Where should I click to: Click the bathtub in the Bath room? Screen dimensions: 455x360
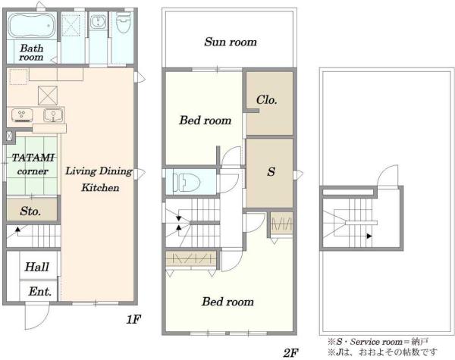[x=31, y=25]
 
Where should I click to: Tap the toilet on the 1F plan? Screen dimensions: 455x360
[x=124, y=22]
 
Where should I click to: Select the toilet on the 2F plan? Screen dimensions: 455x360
[x=186, y=183]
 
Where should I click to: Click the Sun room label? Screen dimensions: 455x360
[x=231, y=42]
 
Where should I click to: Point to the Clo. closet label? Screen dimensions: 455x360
[x=267, y=100]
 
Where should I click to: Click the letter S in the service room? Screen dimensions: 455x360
[x=271, y=172]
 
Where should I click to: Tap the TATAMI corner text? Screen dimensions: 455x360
[x=33, y=164]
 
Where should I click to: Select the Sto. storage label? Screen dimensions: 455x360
[x=30, y=211]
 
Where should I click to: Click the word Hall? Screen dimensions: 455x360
[x=36, y=267]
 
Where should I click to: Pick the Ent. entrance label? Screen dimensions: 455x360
[x=40, y=291]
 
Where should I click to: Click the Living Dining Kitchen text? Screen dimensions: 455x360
[x=99, y=179]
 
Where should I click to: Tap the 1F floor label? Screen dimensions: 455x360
[x=133, y=319]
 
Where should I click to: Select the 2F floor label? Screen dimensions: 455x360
[x=290, y=353]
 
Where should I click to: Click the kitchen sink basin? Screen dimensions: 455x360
[x=53, y=115]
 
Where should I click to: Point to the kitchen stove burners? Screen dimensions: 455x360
[x=22, y=115]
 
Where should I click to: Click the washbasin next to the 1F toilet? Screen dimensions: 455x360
[x=98, y=22]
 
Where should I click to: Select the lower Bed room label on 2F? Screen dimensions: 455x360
[x=227, y=302]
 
